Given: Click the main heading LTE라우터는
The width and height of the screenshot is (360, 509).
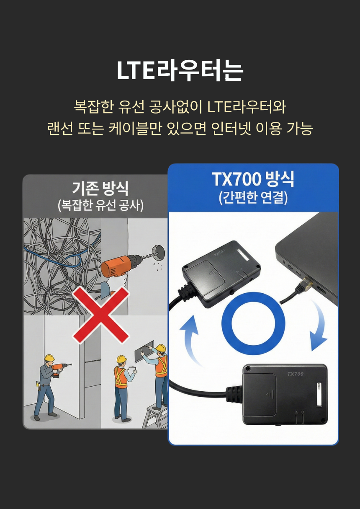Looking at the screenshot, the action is (180, 70).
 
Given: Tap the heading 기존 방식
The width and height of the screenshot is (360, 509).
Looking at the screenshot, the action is (100, 188).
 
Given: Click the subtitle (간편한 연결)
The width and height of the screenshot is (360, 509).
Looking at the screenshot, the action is (253, 198).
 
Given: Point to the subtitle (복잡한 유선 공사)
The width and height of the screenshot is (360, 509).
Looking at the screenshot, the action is (100, 205).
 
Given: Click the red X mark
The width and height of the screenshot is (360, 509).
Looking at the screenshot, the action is (101, 315).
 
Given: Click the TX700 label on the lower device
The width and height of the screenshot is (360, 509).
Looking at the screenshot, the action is (295, 374).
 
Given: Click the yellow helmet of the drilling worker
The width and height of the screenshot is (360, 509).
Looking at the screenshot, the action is (49, 358).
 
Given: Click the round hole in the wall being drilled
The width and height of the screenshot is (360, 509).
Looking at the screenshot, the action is (158, 253).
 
